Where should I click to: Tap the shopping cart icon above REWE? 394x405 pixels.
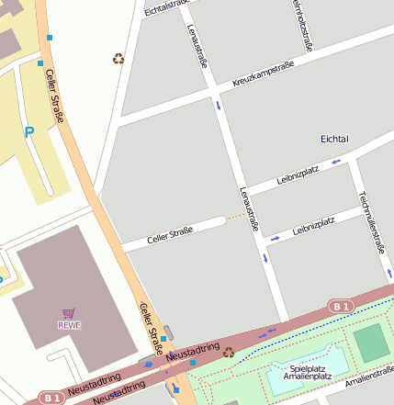coord(69,313)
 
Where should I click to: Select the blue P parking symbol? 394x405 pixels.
coord(29,132)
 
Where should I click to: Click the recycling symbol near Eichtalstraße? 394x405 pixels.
coord(118,59)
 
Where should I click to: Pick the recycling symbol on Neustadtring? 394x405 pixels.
coord(228,352)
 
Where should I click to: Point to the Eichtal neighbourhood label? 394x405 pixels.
coord(334,139)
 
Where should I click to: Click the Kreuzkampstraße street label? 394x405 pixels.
coord(263,74)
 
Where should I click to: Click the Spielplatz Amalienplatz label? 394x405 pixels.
coord(306,372)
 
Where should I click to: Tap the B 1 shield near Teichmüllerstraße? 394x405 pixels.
coord(342,306)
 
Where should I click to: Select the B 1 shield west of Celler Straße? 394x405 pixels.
coord(51,398)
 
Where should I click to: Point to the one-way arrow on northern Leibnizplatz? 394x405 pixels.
coord(336,162)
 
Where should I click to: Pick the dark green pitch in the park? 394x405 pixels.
coord(371,343)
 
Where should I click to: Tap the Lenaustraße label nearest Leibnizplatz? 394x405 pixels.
coord(249,208)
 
